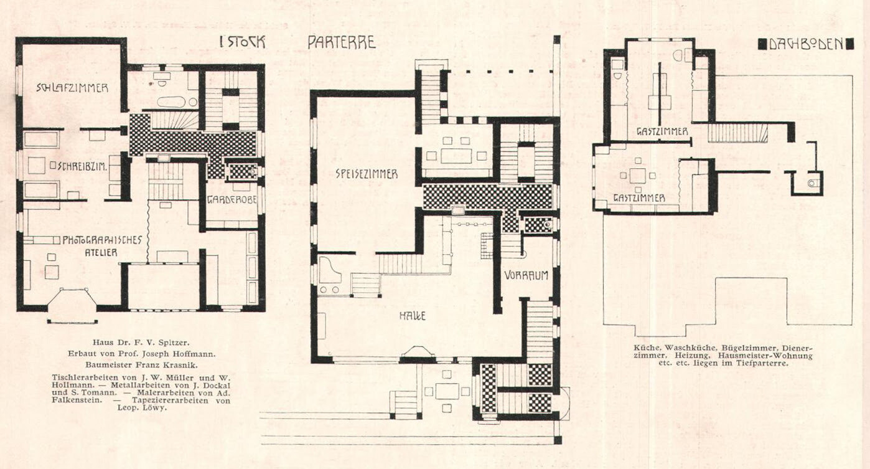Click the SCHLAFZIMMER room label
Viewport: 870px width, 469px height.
point(72,88)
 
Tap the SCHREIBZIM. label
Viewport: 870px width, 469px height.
point(83,166)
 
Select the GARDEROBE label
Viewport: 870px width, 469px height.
point(232,200)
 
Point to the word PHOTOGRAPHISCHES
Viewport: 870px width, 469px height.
point(103,240)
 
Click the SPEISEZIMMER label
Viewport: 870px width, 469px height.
point(367,174)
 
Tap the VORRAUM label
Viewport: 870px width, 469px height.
point(526,275)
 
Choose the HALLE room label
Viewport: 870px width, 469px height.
point(413,316)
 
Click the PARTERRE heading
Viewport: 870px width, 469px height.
point(342,43)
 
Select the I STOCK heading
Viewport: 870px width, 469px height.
point(242,42)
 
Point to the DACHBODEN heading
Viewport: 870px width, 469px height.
point(807,44)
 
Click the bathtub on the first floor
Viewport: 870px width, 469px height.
point(172,102)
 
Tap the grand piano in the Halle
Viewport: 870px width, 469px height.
point(330,270)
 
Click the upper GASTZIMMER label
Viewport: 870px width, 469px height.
point(662,131)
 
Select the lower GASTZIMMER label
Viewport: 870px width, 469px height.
point(639,198)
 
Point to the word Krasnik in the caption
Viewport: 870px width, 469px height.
point(182,365)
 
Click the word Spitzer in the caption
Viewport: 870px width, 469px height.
point(175,343)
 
